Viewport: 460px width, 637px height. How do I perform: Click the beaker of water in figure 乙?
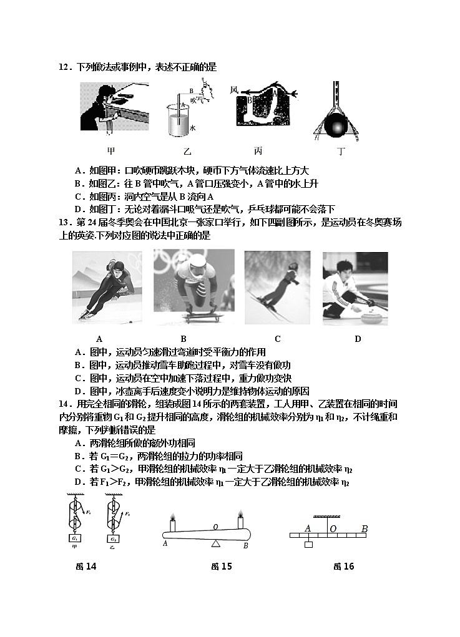179,122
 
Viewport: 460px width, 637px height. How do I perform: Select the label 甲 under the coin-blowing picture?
111,151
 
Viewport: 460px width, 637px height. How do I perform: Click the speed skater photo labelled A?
99,287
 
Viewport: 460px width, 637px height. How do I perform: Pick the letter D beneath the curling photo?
358,339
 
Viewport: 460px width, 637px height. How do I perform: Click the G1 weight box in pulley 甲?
75,538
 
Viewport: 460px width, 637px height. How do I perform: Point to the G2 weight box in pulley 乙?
114,538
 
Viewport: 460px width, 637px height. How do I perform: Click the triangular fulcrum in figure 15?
215,545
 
